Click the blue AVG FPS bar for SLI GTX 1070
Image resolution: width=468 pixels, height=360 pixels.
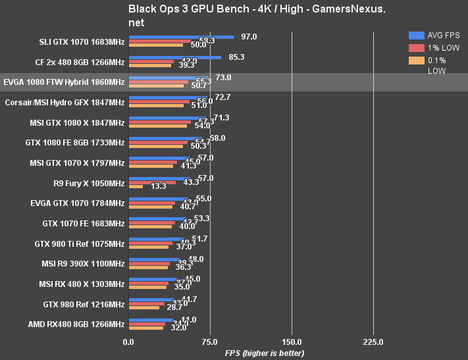[x=181, y=38]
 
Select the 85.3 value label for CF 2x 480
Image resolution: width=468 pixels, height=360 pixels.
[x=236, y=57]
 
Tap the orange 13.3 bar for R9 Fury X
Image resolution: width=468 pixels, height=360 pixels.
[x=136, y=186]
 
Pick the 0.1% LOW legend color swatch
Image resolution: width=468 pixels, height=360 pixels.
[x=416, y=61]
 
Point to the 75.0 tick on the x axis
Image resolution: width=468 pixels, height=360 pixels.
[x=210, y=342]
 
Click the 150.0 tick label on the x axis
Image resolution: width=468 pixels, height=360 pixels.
[x=292, y=342]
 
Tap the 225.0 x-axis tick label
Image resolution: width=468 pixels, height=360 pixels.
[x=373, y=342]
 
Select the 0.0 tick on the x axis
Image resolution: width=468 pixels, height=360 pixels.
[x=128, y=342]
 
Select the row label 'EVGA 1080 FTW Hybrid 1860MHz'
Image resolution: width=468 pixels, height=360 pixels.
[x=64, y=82]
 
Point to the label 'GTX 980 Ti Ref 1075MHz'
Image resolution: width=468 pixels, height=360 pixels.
[x=79, y=244]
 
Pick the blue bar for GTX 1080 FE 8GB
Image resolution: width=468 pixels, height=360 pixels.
[x=165, y=139]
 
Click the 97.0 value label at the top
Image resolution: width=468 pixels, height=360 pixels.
[x=249, y=37]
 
